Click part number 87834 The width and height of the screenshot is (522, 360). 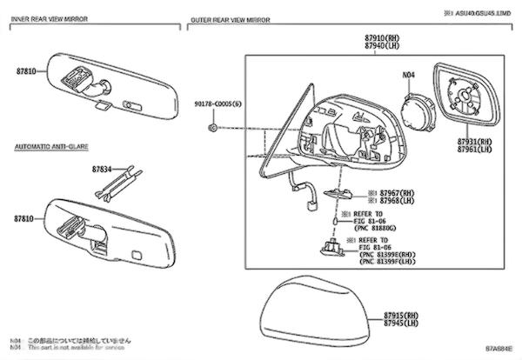coord(103,169)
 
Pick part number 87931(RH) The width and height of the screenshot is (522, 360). coord(476,140)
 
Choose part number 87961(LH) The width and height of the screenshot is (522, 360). coord(476,149)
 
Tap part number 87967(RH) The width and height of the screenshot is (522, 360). coord(375,193)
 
